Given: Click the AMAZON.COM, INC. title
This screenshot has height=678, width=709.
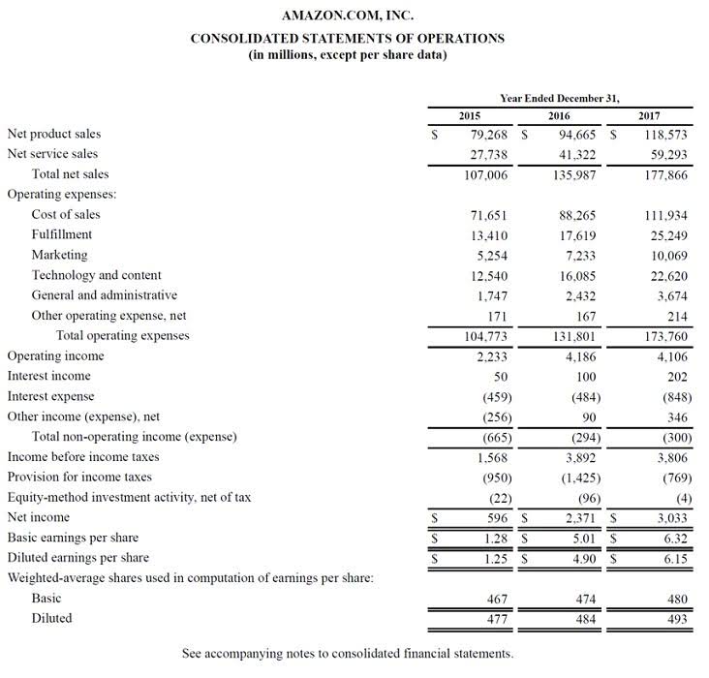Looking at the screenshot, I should (x=347, y=15).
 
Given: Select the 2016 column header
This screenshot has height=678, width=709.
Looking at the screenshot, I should (x=559, y=115).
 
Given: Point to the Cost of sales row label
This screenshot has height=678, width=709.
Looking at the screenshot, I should (x=66, y=214).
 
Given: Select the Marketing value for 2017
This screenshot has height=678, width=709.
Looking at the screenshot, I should (x=667, y=255).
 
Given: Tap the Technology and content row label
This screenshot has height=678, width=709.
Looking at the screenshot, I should (x=96, y=275).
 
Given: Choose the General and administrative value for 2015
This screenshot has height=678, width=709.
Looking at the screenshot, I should (x=494, y=295).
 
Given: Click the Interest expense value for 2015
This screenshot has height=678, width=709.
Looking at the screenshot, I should (x=496, y=397).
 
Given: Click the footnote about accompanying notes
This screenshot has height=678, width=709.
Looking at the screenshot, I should (x=347, y=653).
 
